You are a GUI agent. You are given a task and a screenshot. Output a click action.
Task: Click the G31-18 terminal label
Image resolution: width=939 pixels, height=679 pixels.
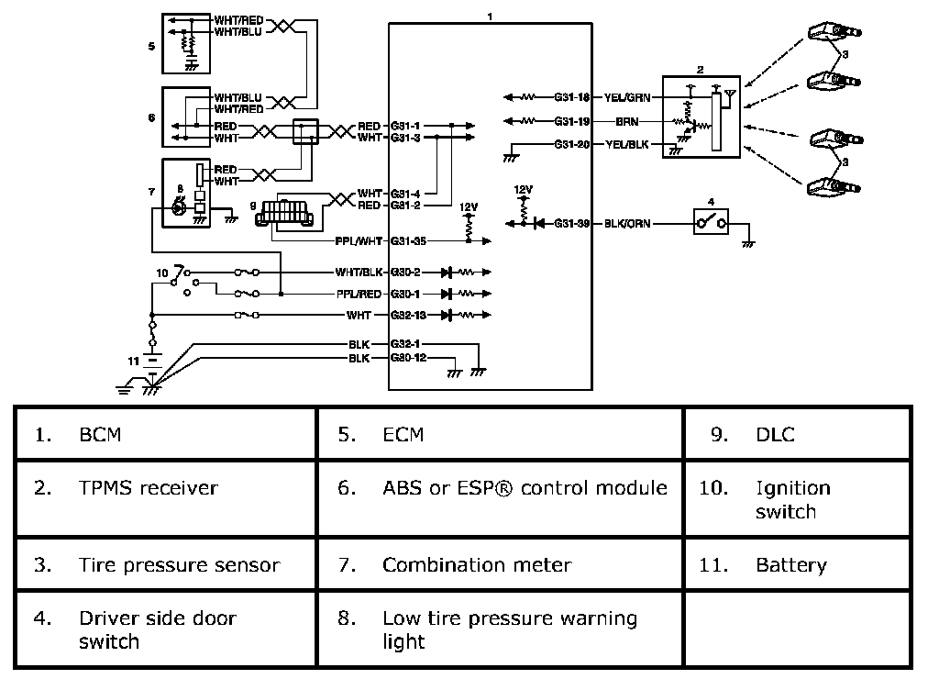(x=571, y=97)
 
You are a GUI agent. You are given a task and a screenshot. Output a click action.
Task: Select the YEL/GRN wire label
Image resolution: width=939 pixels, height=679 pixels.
(x=627, y=97)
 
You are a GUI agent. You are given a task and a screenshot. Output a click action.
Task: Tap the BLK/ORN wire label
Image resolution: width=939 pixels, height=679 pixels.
(x=627, y=224)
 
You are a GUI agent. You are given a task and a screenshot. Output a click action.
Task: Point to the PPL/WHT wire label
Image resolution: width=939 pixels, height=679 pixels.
(x=359, y=241)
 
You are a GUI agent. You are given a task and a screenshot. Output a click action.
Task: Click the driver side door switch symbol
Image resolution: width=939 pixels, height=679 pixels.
(x=711, y=223)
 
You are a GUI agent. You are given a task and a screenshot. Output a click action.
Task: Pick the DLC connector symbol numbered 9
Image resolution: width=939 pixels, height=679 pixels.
(x=284, y=211)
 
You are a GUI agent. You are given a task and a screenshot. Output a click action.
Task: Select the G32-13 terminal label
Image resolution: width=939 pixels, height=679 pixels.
(x=408, y=315)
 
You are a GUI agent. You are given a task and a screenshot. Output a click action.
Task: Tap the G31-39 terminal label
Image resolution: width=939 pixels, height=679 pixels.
(x=571, y=224)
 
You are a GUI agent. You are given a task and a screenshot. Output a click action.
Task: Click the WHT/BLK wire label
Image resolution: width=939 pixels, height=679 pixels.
(x=359, y=273)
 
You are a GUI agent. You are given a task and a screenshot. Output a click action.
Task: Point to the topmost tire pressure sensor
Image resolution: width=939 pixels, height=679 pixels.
(x=834, y=30)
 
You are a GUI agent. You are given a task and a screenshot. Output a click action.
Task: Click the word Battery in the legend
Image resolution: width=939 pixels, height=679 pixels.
(x=791, y=565)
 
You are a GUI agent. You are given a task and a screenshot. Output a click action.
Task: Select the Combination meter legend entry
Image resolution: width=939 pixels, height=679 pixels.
(x=477, y=564)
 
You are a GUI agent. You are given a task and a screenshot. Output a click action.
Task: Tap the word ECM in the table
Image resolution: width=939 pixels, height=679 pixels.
(x=403, y=435)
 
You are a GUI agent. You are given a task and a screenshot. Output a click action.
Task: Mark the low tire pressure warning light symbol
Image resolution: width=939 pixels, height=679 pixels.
(x=178, y=208)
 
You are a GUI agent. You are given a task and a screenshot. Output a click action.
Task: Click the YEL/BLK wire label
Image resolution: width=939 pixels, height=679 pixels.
(x=627, y=144)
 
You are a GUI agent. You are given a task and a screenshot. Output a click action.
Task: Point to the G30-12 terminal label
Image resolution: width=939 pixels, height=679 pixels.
(x=408, y=358)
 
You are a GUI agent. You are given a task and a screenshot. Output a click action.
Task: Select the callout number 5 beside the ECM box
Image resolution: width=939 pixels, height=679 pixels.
(x=151, y=46)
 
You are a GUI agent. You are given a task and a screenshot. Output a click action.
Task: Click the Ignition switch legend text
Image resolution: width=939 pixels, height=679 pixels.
(x=793, y=500)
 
